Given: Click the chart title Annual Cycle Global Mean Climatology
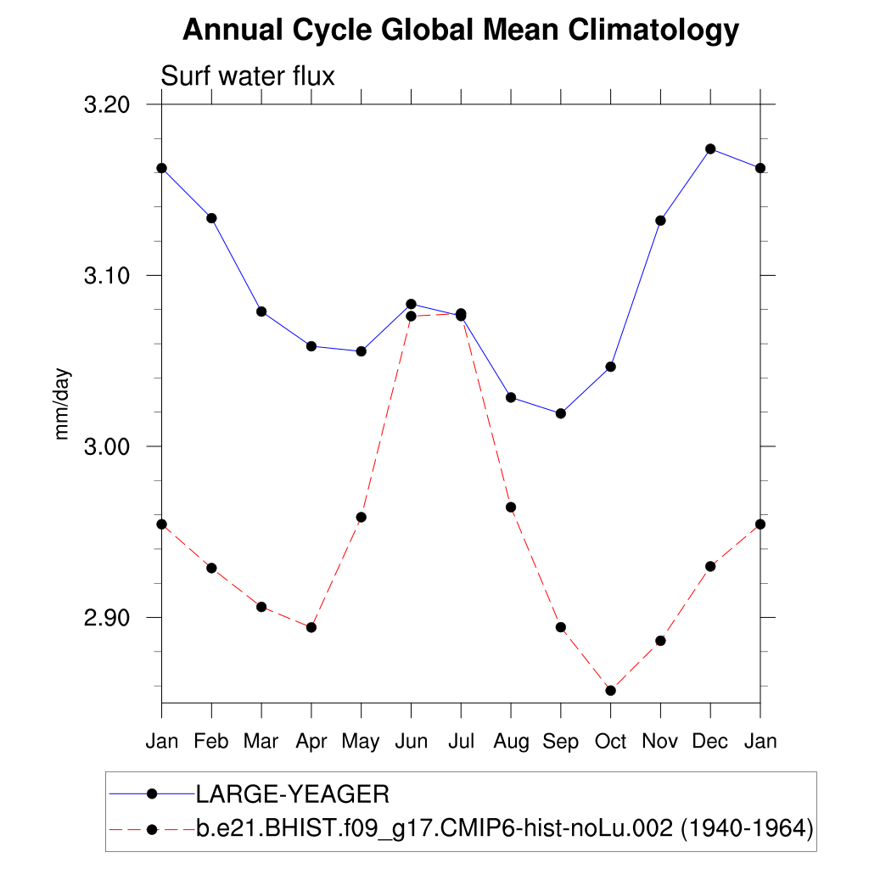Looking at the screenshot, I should click(461, 31).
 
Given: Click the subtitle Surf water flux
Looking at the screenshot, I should click(248, 76).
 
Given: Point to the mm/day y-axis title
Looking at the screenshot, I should click(62, 404).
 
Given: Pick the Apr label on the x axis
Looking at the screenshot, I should click(311, 742).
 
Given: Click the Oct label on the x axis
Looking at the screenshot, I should click(610, 742).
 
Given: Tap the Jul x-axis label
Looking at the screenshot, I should click(461, 742).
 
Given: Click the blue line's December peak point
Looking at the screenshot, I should click(710, 149).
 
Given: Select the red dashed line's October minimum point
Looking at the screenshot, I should click(610, 690).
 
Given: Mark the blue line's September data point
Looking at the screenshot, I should click(560, 413).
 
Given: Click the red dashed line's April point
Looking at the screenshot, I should click(311, 627).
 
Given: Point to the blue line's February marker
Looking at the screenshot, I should click(211, 218).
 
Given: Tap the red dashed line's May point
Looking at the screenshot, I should click(361, 517).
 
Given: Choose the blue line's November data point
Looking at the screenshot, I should click(660, 221).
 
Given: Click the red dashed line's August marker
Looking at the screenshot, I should click(511, 507).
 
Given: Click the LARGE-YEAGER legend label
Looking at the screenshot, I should click(292, 795).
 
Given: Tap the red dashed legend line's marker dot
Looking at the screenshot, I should click(153, 827).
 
